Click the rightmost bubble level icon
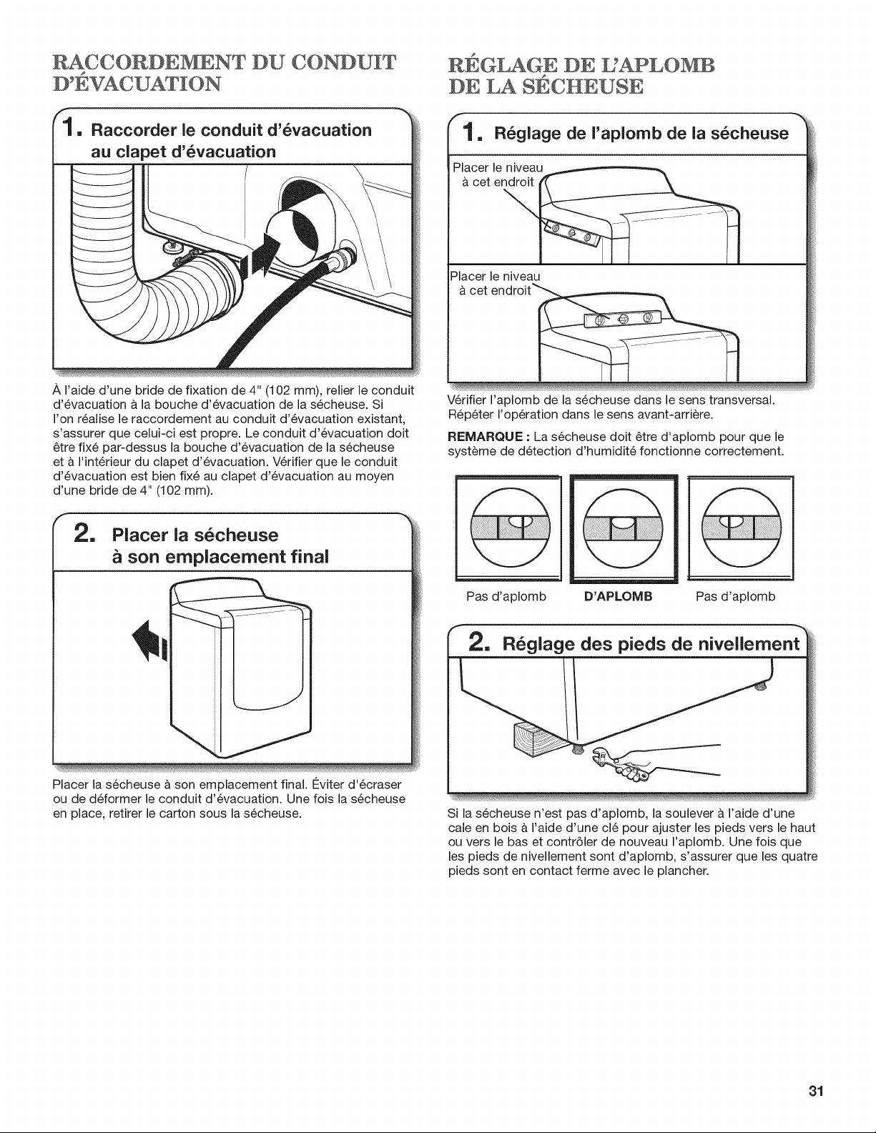(x=740, y=527)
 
